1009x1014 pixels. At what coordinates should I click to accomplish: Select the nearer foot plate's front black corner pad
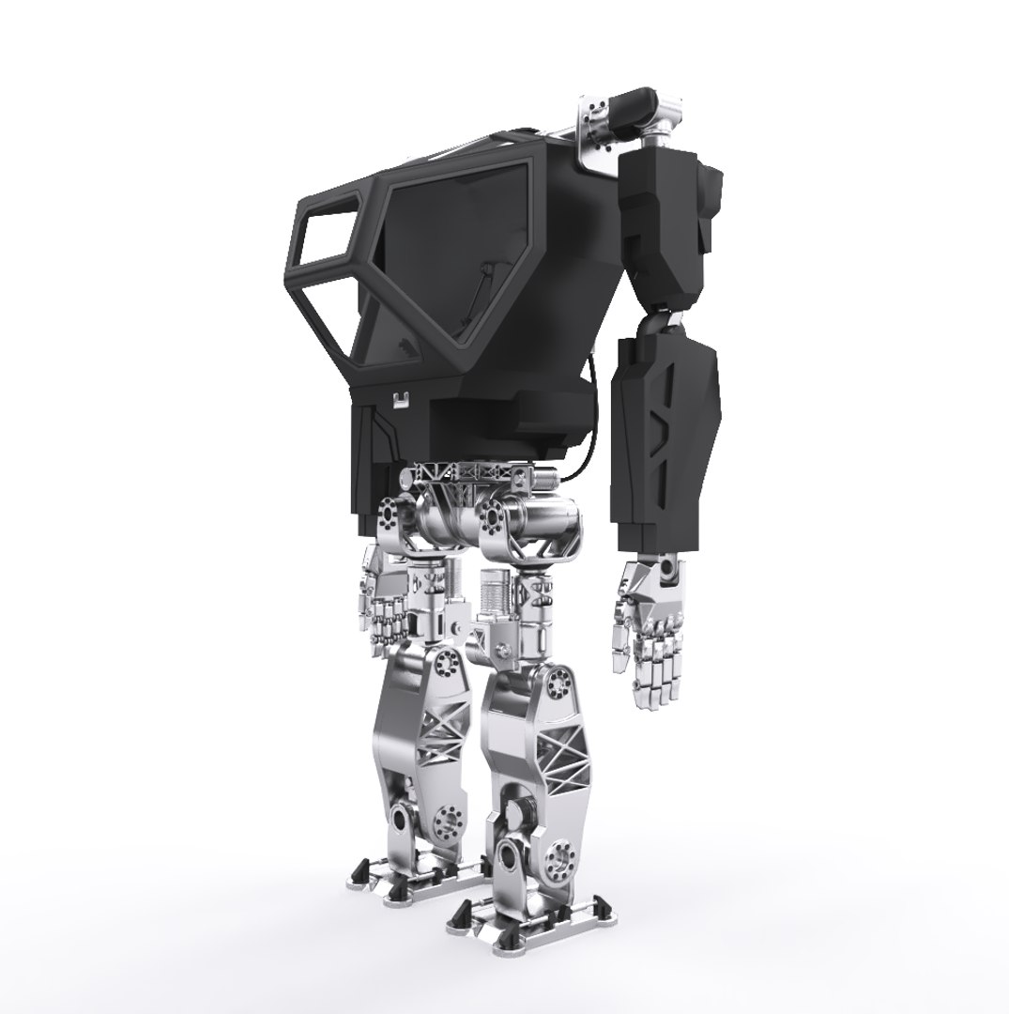463,915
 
